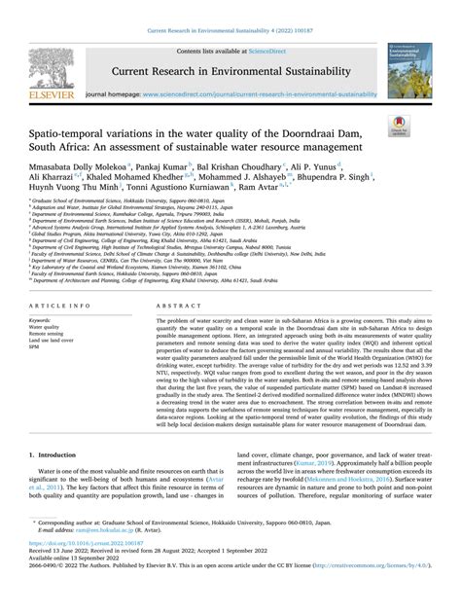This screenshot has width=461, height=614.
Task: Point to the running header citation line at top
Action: point(230,9)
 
